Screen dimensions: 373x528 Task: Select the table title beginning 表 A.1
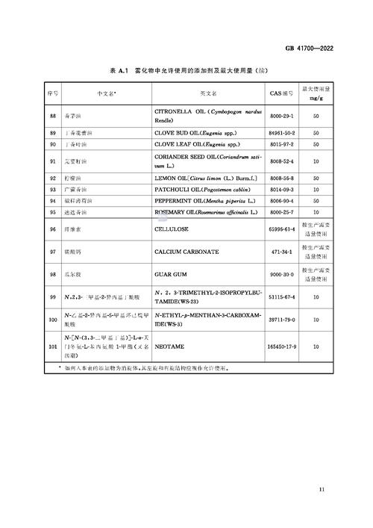click(186, 69)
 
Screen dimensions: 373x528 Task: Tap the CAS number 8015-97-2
click(282, 143)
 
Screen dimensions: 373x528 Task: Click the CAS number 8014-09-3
click(282, 190)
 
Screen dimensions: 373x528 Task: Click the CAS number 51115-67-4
click(282, 297)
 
